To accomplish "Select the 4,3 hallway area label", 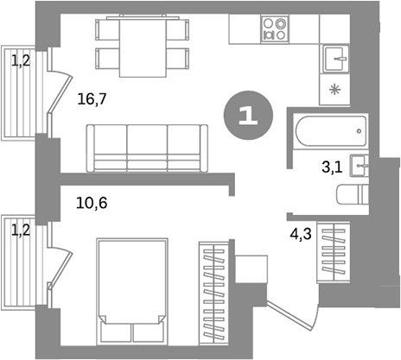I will [x=300, y=232].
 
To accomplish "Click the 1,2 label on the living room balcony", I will [x=20, y=60].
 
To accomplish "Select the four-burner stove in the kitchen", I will [x=277, y=30].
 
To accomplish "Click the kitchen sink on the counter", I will [x=334, y=60].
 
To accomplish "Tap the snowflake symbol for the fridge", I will [x=334, y=89].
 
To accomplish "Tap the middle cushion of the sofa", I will [x=146, y=146].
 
